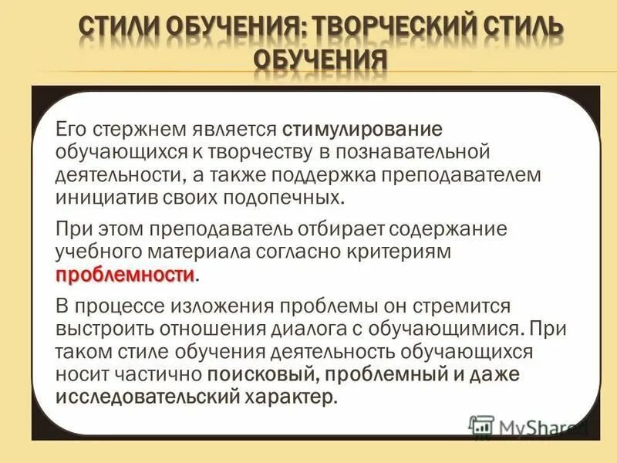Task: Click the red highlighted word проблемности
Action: point(124,275)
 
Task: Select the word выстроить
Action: point(105,327)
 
